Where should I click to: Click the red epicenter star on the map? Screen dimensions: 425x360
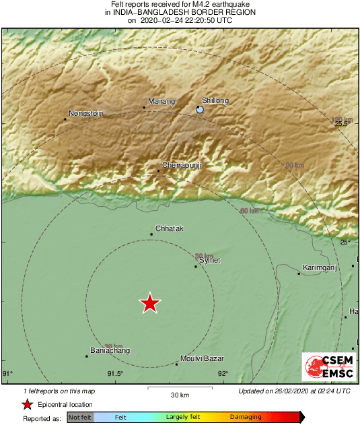tap(150, 304)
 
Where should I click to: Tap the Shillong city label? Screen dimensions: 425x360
tap(215, 101)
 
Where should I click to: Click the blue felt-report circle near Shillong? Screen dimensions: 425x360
tap(200, 109)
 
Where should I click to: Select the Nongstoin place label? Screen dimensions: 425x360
tap(86, 114)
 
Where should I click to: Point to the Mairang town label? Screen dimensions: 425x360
tap(161, 102)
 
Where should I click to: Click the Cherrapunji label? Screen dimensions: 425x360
tap(182, 165)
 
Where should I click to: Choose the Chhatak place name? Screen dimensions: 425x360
tap(169, 228)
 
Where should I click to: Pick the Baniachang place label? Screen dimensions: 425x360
tap(110, 351)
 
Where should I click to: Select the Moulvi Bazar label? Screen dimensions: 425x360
tap(203, 359)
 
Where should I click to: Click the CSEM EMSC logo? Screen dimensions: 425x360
tap(326, 367)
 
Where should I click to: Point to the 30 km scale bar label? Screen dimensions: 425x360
tap(179, 395)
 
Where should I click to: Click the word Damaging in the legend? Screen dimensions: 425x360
tap(246, 418)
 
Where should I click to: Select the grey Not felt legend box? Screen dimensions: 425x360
tap(80, 418)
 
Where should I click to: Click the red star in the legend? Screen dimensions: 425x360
tap(28, 405)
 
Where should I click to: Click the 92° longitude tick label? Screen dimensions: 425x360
tap(222, 374)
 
